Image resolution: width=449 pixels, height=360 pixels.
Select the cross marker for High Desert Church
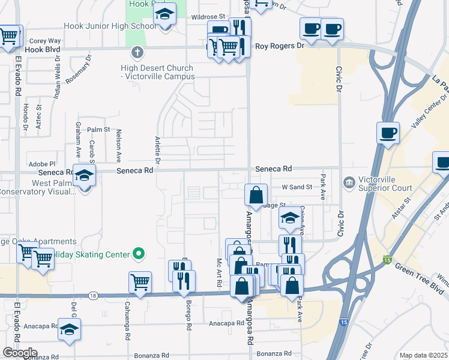tap(137, 52)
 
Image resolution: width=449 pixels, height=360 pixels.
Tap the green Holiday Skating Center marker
tap(139, 254)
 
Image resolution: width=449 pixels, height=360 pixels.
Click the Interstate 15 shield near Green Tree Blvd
tap(387, 259)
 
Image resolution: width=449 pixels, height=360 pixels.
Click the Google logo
tap(20, 353)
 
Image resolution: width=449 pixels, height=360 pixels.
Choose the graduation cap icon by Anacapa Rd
tap(70, 329)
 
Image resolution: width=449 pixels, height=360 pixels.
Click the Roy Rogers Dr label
tap(280, 46)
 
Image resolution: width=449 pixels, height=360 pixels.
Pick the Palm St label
tap(98, 129)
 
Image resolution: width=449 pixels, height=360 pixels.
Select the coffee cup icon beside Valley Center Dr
tap(388, 133)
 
